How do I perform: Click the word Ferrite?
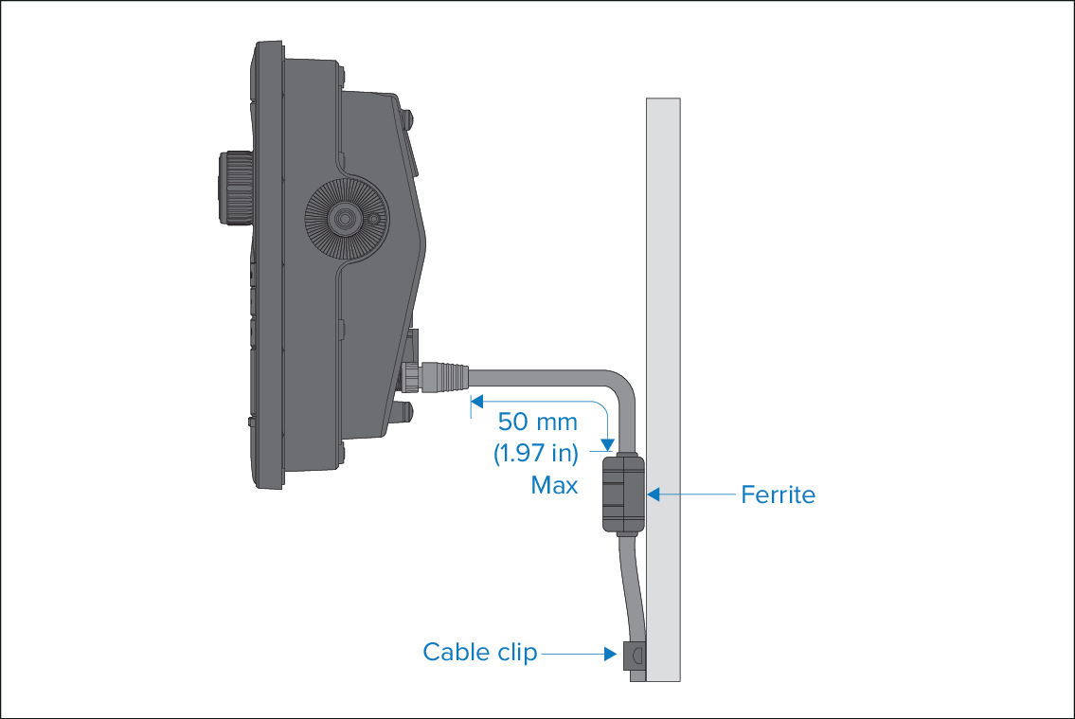tap(779, 494)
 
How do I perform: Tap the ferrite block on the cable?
tap(624, 494)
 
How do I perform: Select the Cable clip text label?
tap(480, 652)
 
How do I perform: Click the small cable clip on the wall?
tap(635, 656)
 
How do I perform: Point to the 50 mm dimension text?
tap(538, 422)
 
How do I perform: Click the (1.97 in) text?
tap(536, 453)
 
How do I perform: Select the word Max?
tap(554, 485)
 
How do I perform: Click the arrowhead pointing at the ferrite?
tap(654, 494)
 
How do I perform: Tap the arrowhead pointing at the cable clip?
tap(610, 654)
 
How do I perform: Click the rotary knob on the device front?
tap(235, 188)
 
